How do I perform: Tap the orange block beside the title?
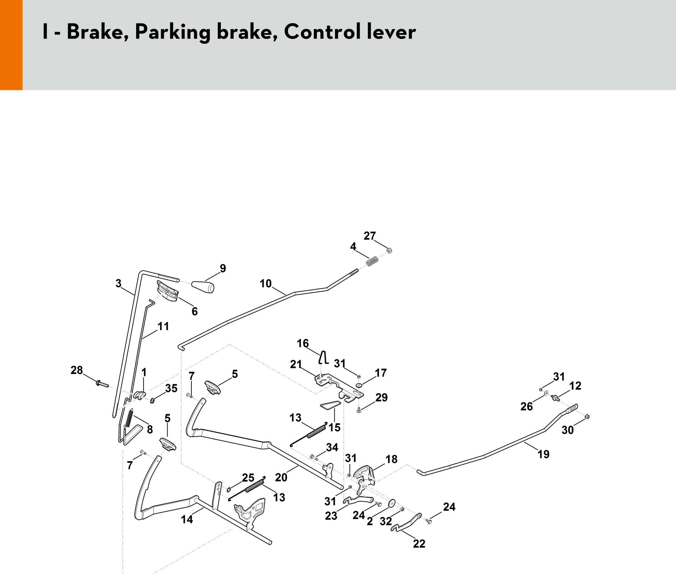click(x=11, y=45)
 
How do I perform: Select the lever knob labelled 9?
click(x=203, y=287)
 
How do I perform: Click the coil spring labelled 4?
click(x=372, y=262)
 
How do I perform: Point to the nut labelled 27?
click(x=389, y=251)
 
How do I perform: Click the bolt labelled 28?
click(x=102, y=383)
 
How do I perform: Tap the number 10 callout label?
click(x=266, y=283)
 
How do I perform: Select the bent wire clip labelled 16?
click(x=324, y=357)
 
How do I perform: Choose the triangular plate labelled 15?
click(x=330, y=405)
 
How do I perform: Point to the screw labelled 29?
click(x=359, y=410)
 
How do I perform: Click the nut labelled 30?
click(x=587, y=416)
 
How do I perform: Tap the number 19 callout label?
click(x=543, y=454)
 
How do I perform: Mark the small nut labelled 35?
click(x=152, y=400)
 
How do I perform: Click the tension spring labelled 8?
click(x=129, y=418)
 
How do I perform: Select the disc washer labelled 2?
click(x=391, y=503)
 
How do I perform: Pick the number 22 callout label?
click(x=419, y=544)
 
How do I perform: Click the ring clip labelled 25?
click(x=229, y=489)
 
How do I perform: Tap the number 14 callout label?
click(x=187, y=519)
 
